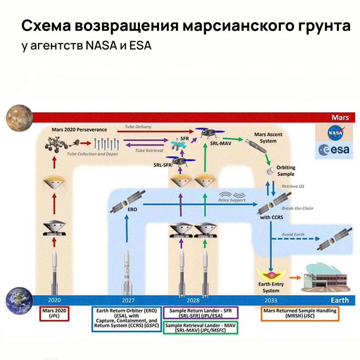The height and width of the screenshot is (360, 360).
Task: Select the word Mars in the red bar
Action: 339,117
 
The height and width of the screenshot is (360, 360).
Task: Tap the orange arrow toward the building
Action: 296,277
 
